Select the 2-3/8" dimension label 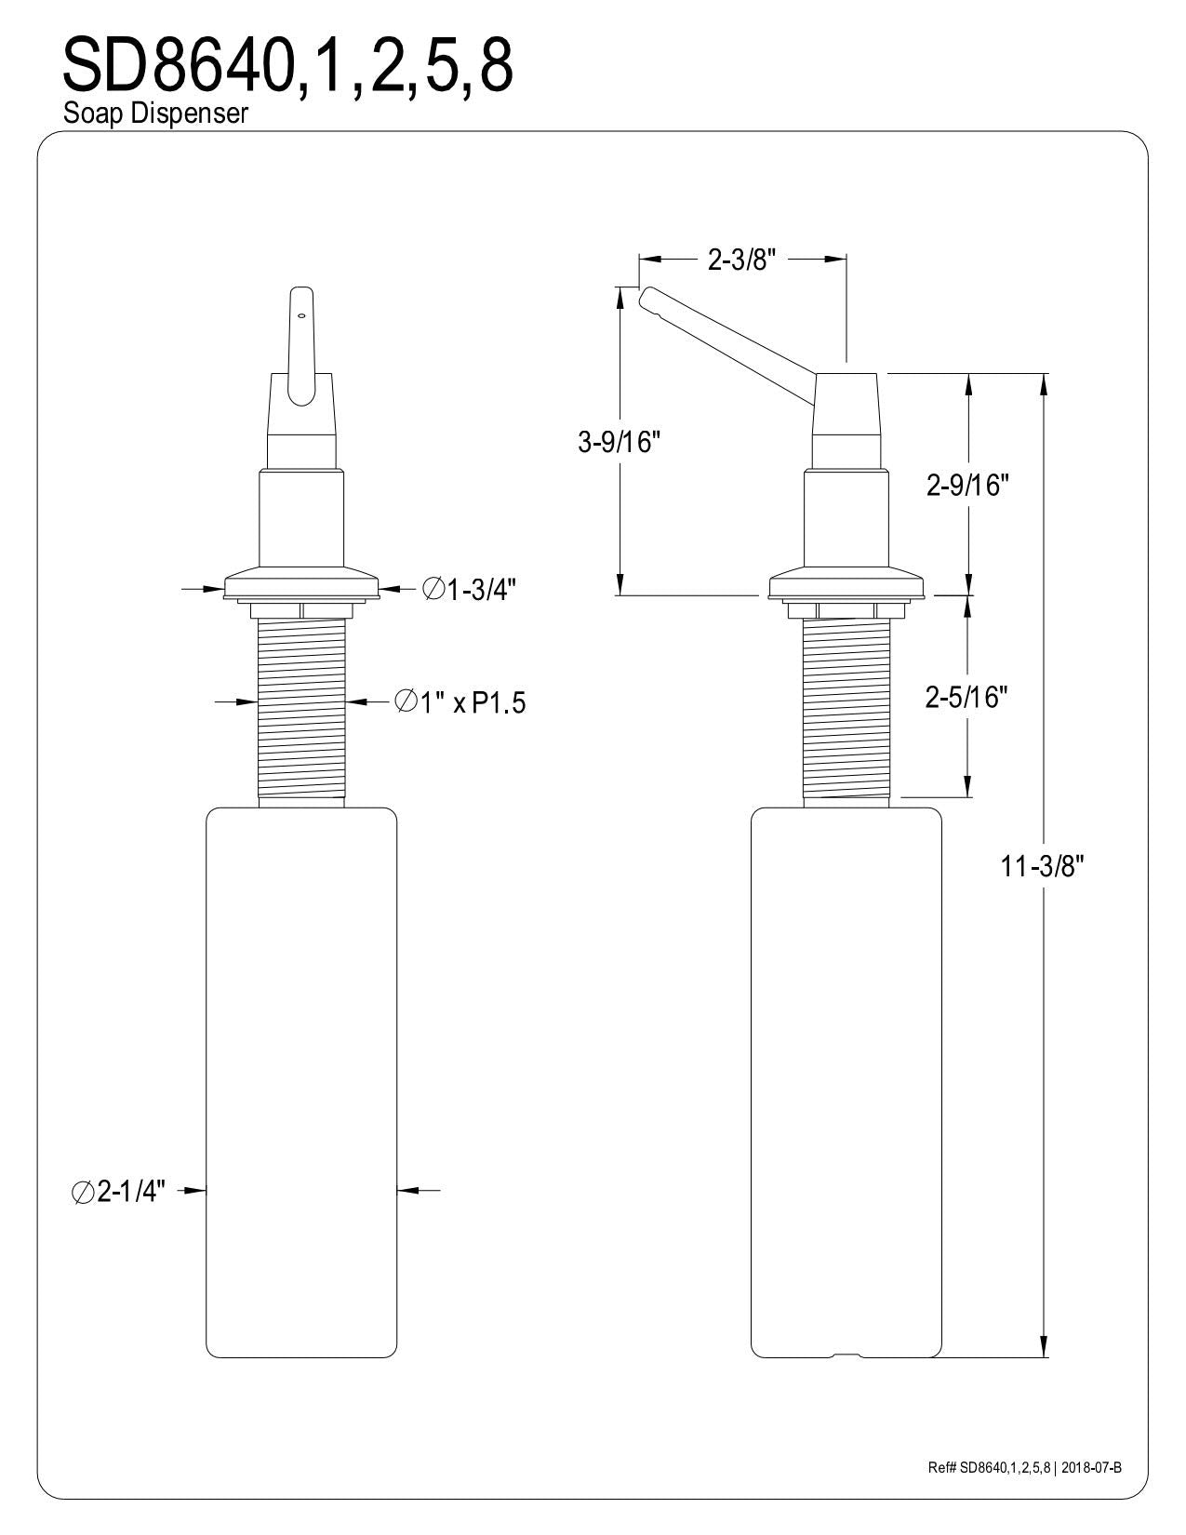pos(741,260)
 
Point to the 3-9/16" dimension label pos(618,443)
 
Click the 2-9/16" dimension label pos(967,486)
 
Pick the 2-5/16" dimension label pos(966,697)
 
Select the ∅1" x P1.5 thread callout pos(460,703)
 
